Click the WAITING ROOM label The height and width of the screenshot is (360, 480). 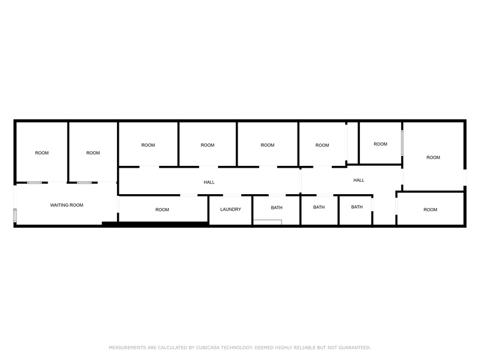(x=67, y=205)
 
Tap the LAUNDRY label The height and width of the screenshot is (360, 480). (x=230, y=209)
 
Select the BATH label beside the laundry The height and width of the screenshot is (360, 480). (x=277, y=208)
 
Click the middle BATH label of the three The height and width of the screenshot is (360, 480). (x=319, y=207)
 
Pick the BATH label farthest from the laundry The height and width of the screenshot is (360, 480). (x=357, y=207)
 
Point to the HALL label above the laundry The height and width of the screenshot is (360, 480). (x=209, y=182)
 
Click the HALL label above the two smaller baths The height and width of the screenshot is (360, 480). (x=359, y=180)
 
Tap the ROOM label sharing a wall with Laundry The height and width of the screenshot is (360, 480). (x=162, y=209)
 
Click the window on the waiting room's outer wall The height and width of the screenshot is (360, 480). (x=15, y=216)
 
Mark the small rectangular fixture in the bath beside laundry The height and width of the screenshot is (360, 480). (x=268, y=222)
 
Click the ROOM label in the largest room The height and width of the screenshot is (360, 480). (x=433, y=157)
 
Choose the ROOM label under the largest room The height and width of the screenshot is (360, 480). (x=430, y=209)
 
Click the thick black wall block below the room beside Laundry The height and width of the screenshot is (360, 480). (x=162, y=223)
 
